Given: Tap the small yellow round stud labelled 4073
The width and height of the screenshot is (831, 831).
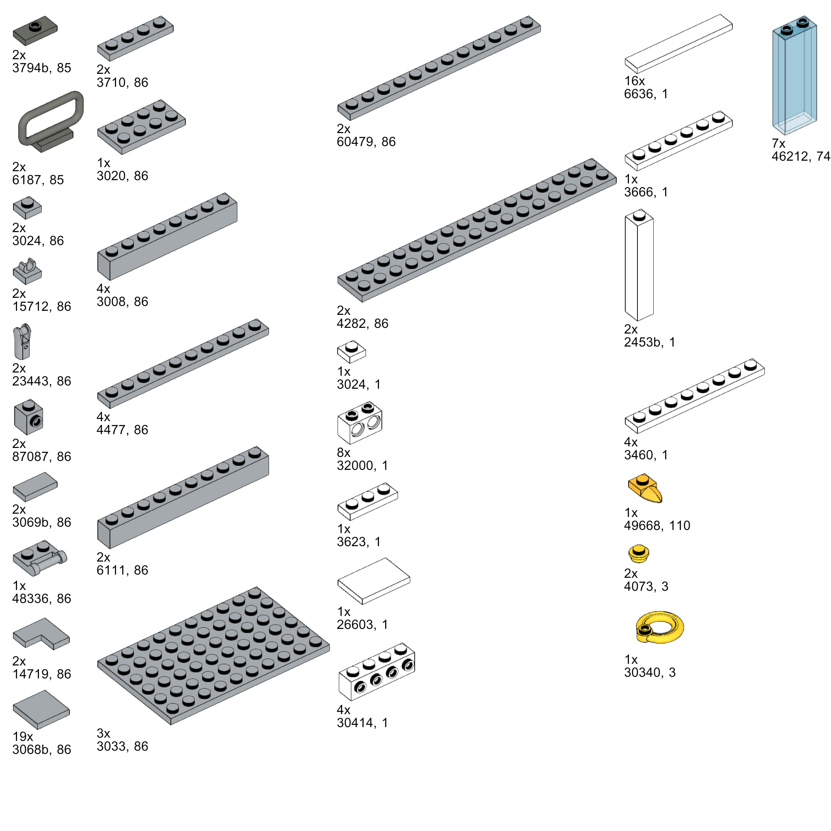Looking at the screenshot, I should (x=638, y=553).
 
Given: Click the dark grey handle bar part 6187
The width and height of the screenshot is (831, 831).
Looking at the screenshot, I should (x=51, y=121).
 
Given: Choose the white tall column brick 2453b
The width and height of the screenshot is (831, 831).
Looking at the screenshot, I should (x=639, y=265).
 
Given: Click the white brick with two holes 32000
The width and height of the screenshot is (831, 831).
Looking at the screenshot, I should (x=360, y=423).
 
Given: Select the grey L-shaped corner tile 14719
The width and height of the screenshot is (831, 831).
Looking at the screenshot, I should (x=41, y=633).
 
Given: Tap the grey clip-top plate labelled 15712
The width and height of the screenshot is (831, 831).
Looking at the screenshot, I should (x=27, y=272).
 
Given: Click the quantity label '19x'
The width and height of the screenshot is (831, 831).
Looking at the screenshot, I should (x=23, y=736).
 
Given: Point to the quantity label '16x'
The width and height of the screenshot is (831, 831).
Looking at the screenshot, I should (x=635, y=81).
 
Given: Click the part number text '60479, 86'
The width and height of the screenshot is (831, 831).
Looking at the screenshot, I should (x=366, y=142).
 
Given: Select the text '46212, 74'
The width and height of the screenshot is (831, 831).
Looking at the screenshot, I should (x=801, y=156).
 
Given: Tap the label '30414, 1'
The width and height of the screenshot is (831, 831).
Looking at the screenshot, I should (x=362, y=723).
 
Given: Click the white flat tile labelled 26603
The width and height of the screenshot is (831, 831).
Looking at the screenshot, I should (x=373, y=581).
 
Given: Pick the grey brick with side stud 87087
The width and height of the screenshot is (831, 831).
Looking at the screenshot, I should (x=28, y=418).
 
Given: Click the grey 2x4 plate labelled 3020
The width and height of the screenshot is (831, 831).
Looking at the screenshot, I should (x=141, y=127).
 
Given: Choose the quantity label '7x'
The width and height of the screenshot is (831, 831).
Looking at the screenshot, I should (x=778, y=143).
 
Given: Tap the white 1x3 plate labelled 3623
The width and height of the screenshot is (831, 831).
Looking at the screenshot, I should (x=367, y=501).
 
